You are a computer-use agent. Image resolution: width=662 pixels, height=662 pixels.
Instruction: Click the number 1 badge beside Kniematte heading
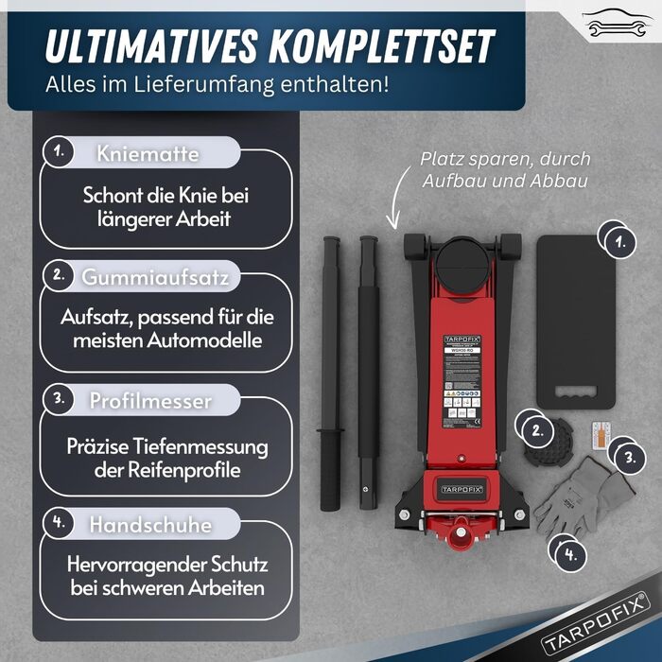(59, 150)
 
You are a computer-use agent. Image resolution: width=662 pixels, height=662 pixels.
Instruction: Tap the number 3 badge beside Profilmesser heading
(59, 399)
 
